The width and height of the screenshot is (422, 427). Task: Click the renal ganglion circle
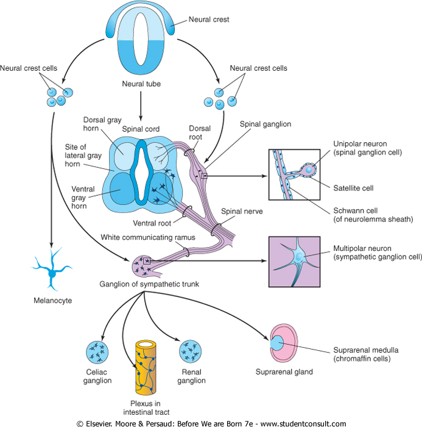click(191, 353)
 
